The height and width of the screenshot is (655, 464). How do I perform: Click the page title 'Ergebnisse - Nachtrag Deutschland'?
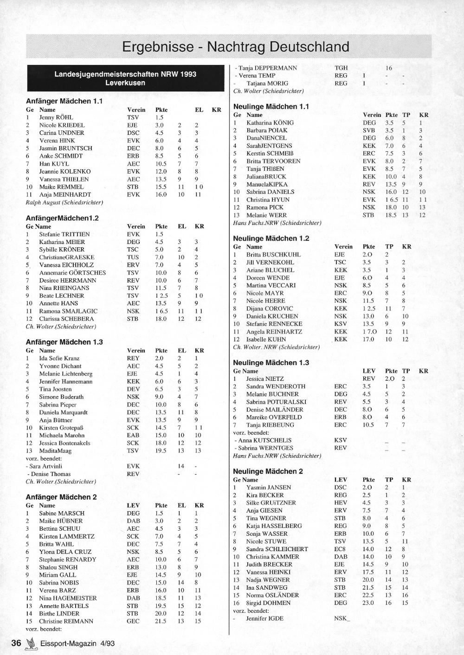[235, 47]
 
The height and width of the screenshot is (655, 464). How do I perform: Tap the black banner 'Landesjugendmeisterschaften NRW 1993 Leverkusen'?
[125, 78]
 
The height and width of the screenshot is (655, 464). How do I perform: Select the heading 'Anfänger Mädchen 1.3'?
[64, 342]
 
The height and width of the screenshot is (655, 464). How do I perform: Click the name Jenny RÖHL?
[56, 117]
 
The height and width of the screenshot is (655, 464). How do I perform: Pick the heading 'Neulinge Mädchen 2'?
[268, 471]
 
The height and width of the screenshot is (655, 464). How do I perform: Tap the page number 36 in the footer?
[16, 643]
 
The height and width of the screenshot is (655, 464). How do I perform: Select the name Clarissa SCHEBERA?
[66, 319]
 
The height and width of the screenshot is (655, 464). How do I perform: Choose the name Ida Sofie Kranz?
[59, 358]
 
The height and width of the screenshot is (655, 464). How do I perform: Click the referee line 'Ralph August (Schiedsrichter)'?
[64, 202]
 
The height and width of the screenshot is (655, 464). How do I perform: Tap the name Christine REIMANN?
[66, 621]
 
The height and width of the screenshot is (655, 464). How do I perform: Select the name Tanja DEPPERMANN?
[268, 68]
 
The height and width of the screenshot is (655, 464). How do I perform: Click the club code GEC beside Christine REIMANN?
[133, 621]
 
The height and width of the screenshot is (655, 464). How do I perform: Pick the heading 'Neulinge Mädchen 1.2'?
[271, 238]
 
